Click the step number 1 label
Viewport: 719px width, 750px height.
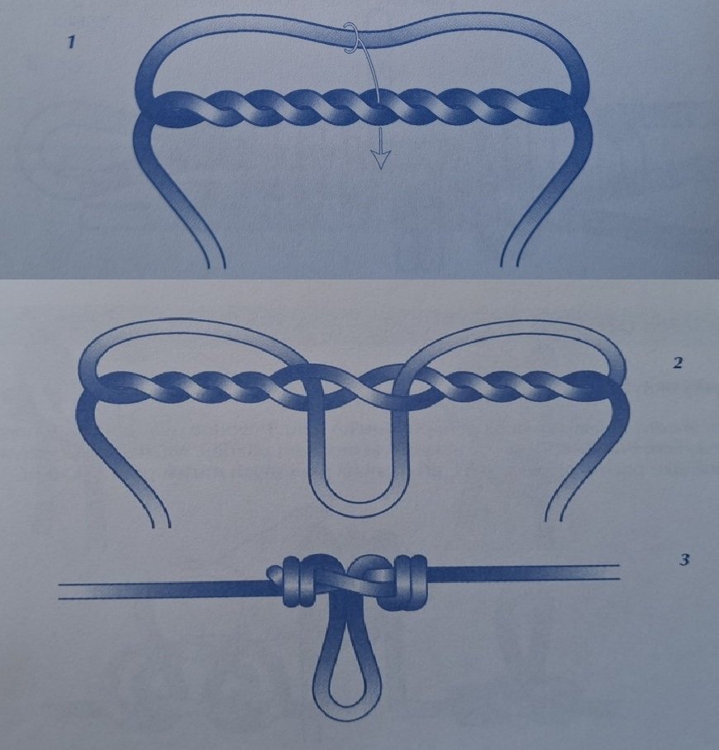[71, 43]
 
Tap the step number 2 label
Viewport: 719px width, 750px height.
[678, 363]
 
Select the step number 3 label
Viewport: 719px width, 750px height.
[684, 559]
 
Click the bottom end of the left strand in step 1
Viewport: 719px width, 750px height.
[216, 265]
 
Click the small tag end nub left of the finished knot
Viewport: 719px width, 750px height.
[274, 573]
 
